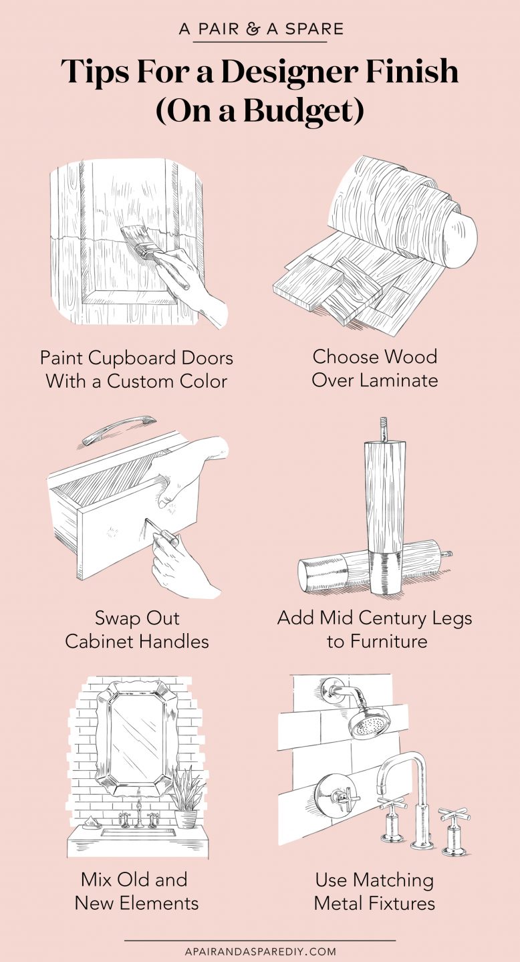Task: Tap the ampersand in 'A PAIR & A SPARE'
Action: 256,29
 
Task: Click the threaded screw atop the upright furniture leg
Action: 381,429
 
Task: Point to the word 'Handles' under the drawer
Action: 174,642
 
